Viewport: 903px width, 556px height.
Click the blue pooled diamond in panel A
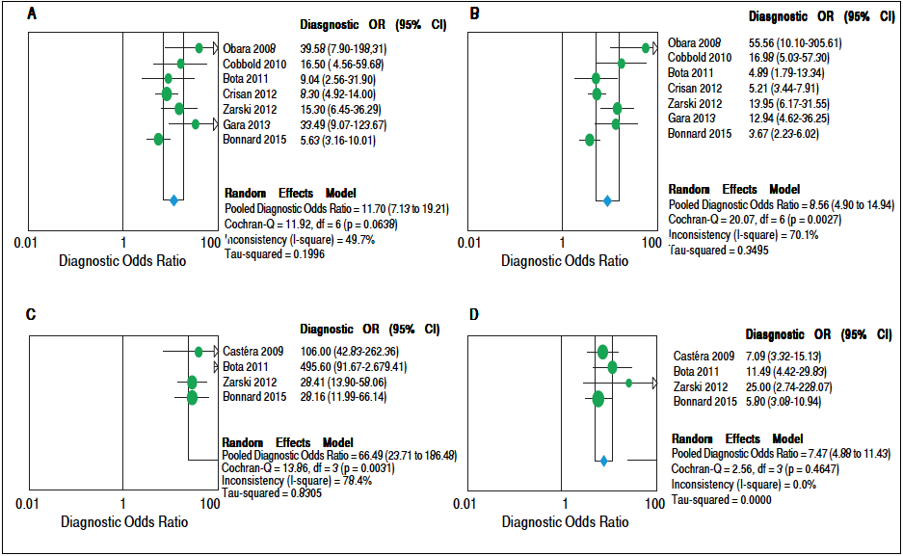(173, 200)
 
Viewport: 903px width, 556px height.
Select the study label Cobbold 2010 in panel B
(700, 58)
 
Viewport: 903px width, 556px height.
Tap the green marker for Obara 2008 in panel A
(199, 47)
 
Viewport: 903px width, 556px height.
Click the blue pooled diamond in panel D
(603, 462)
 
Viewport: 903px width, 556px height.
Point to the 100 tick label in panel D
(655, 503)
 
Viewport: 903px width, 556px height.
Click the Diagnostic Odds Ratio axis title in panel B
(565, 260)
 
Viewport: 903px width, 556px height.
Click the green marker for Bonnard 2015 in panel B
(590, 141)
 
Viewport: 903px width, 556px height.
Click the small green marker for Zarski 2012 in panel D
(629, 383)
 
